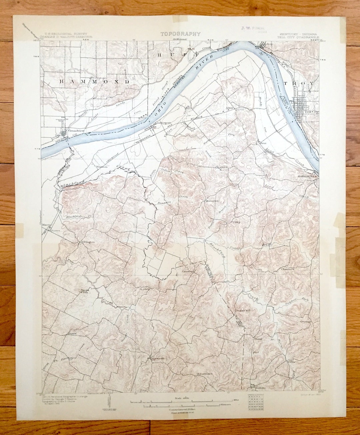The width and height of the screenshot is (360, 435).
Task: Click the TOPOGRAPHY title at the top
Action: (x=180, y=34)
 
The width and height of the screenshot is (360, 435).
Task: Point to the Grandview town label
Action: (x=75, y=131)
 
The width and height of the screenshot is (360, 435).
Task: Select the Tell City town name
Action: (x=311, y=112)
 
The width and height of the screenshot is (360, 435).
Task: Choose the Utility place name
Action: (x=236, y=221)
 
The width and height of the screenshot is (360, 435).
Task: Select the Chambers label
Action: (x=288, y=269)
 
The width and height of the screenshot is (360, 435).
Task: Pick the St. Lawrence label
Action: (x=204, y=374)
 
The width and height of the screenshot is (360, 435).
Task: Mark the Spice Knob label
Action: (x=85, y=291)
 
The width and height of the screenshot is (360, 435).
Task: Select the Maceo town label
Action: (x=46, y=225)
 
